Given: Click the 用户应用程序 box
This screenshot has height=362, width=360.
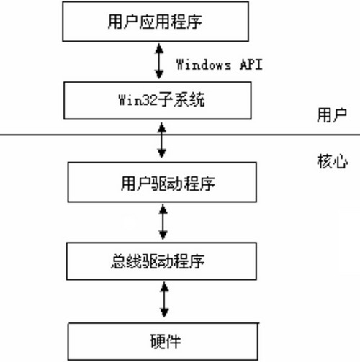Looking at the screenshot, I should coord(161,22).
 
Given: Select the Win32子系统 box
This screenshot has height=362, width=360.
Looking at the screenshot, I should coord(161,100).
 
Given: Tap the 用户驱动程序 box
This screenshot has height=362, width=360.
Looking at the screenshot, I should coord(161,181).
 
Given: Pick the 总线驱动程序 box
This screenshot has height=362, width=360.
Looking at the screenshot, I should coord(161,261).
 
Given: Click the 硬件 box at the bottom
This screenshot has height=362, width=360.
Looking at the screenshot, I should coord(161,341).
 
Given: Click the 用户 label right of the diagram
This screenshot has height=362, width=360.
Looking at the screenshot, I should coord(332,115).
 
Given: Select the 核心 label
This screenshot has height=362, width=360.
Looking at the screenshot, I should coord(332,161).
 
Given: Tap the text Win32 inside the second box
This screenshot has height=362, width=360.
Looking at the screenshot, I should coord(133,100).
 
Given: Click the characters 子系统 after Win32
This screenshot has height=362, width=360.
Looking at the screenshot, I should coord(178,100).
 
